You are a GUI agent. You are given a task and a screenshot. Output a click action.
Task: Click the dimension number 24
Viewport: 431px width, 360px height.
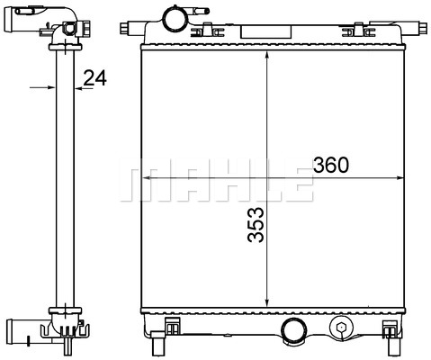tap(94, 78)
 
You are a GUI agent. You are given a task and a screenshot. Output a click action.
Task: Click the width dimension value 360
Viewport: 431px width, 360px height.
tap(331, 165)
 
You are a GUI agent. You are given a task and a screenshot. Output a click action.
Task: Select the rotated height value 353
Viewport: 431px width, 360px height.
tap(256, 224)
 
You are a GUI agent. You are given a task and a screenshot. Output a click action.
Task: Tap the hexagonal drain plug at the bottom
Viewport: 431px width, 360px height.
tap(341, 327)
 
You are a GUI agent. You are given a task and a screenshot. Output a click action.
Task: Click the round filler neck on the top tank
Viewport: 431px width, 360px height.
tap(174, 18)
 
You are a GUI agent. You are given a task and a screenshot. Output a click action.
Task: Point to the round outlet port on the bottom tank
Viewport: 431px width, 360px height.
tap(293, 329)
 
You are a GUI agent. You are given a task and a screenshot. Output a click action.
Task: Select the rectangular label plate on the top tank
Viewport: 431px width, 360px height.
tap(266, 31)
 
